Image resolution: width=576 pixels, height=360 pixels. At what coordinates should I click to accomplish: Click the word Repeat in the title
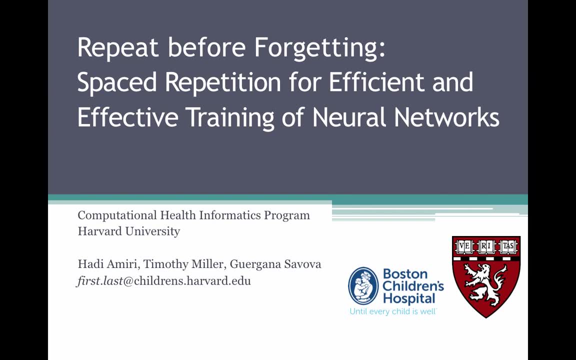click(118, 48)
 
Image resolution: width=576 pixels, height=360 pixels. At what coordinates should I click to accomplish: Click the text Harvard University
click(128, 231)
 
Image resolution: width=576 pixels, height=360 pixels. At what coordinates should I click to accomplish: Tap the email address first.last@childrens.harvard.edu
click(164, 280)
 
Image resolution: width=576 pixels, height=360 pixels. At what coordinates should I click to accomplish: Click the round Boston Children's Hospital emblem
click(363, 285)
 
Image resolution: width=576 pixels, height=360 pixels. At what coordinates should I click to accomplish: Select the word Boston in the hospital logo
click(405, 273)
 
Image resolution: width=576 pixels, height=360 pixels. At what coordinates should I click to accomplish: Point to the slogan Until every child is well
click(393, 311)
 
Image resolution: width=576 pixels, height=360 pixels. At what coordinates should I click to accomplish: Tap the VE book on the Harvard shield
click(465, 246)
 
